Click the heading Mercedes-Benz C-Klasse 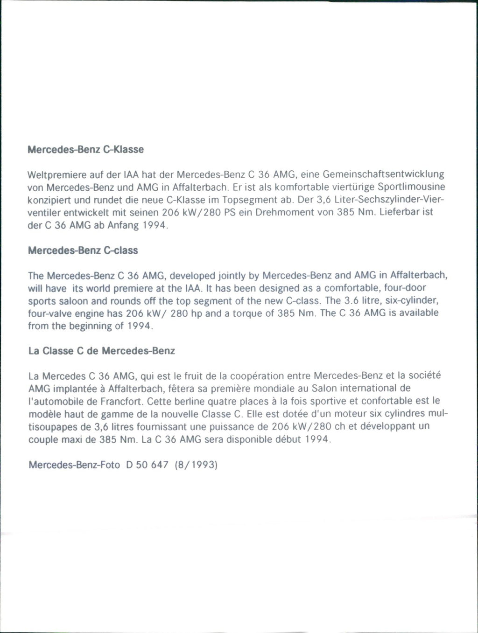(86, 150)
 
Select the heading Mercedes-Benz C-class (83, 250)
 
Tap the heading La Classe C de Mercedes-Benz (102, 351)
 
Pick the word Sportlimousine (411, 188)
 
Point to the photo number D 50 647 (147, 465)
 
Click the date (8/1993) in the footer (197, 465)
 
